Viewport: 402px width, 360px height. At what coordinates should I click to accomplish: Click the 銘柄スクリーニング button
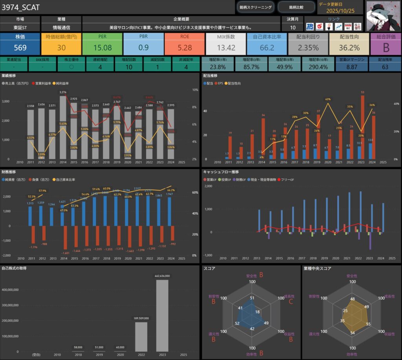tap(255, 7)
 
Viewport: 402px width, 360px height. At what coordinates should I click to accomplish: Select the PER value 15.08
tap(102, 48)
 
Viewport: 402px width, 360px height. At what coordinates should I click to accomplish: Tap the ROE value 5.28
tap(185, 48)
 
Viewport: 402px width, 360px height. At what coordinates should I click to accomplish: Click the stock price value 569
tap(20, 48)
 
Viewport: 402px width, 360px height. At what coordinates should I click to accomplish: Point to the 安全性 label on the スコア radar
tap(252, 276)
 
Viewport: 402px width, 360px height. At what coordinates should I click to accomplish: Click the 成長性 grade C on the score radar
tap(291, 302)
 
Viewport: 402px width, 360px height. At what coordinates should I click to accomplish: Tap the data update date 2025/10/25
tap(340, 11)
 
